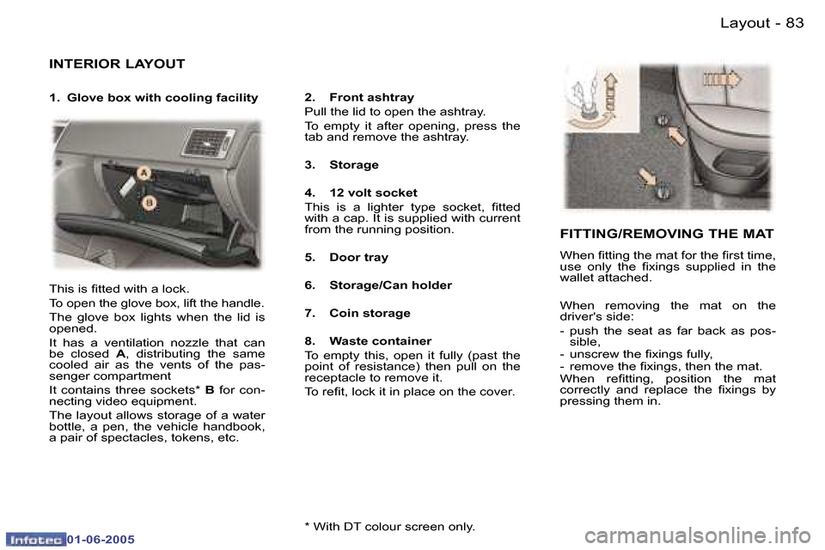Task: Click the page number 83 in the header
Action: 794,23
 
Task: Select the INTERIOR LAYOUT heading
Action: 117,64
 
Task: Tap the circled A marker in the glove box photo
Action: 143,174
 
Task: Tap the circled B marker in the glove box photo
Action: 149,203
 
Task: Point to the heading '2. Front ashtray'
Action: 359,98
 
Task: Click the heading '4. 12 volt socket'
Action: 361,193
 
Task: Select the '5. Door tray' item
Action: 346,257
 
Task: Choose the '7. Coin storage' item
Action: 357,313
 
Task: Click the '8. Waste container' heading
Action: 368,341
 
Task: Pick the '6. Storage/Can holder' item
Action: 378,285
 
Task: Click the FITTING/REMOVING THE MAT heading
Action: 667,234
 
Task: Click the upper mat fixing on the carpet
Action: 663,121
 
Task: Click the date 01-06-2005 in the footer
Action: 101,538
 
